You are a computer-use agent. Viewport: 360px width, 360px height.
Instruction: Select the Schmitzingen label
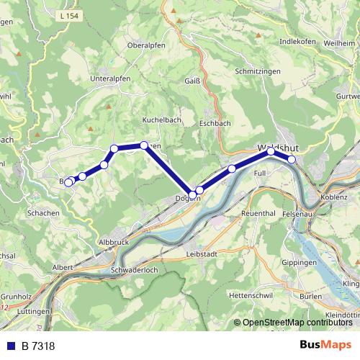[x=256, y=73]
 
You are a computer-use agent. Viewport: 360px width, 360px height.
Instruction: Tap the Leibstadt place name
[x=202, y=254]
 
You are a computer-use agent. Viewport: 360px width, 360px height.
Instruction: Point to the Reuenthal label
[x=261, y=214]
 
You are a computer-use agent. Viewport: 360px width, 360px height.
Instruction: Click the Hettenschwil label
[x=248, y=296]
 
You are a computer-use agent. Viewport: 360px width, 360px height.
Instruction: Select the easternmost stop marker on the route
[x=292, y=159]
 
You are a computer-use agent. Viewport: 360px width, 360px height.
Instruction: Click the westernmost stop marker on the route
[x=68, y=182]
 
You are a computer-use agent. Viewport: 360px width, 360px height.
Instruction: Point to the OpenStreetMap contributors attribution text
[x=294, y=323]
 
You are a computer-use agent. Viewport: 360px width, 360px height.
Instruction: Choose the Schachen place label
[x=44, y=214]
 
